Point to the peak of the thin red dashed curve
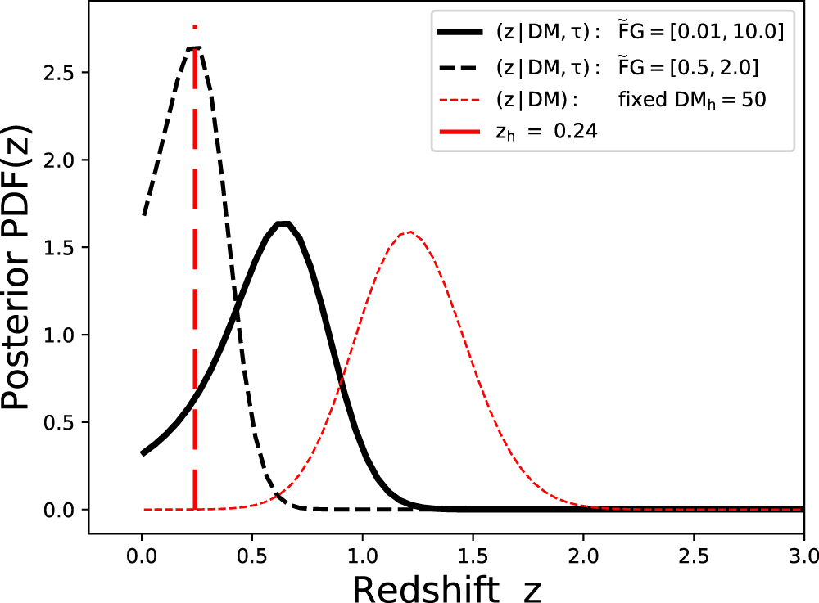coord(408,232)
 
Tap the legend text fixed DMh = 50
coord(691,99)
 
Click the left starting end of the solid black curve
coord(143,452)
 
